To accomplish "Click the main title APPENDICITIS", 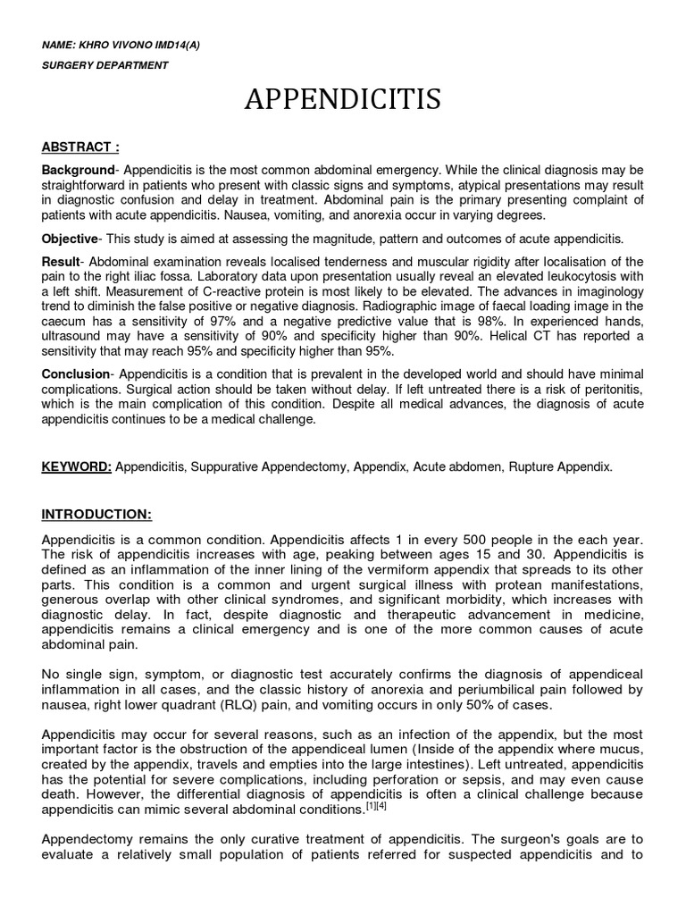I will pos(343,100).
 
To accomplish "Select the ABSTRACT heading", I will pos(80,147).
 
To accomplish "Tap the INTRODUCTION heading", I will pos(96,515).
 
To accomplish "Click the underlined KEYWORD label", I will pos(76,467).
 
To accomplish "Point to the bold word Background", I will pos(78,170).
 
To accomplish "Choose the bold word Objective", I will pos(71,239).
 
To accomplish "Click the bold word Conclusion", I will pos(78,374).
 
